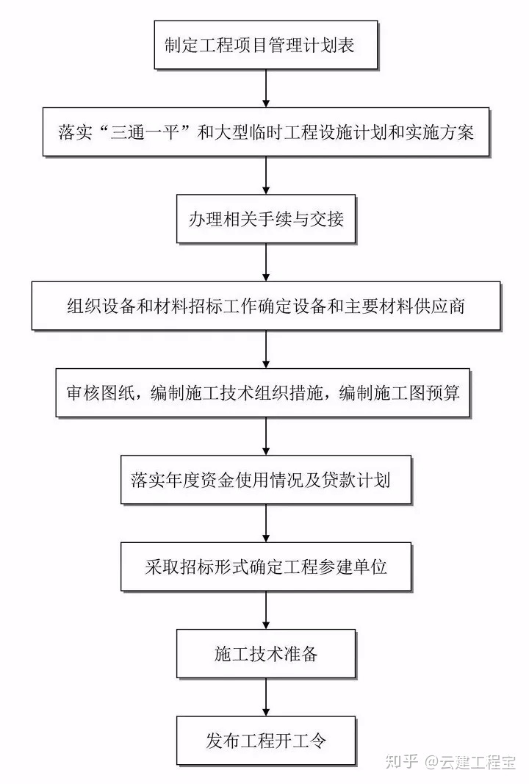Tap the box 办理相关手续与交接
265,219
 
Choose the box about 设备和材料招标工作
265,306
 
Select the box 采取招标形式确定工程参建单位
265,567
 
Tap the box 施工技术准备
265,653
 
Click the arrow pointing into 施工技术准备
265,610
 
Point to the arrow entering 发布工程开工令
265,697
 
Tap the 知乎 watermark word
401,761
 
